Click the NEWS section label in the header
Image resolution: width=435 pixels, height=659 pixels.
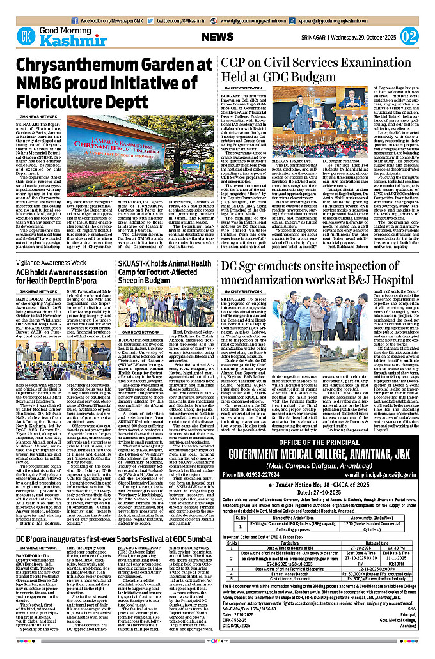tap(221, 36)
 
